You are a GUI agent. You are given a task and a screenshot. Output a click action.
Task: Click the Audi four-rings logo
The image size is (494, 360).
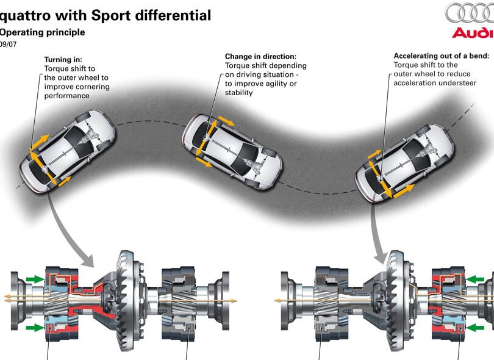coord(469,13)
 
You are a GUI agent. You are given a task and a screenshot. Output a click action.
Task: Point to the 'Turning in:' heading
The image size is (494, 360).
coord(63,60)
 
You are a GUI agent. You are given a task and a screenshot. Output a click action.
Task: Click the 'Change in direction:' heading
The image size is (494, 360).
coord(260,56)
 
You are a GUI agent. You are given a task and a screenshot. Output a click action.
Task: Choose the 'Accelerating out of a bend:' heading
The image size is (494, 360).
coord(441,56)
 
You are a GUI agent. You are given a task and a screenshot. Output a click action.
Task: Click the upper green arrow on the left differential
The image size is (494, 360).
coord(36,279)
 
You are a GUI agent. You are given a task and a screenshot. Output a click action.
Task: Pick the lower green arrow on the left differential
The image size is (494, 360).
coord(36,328)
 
